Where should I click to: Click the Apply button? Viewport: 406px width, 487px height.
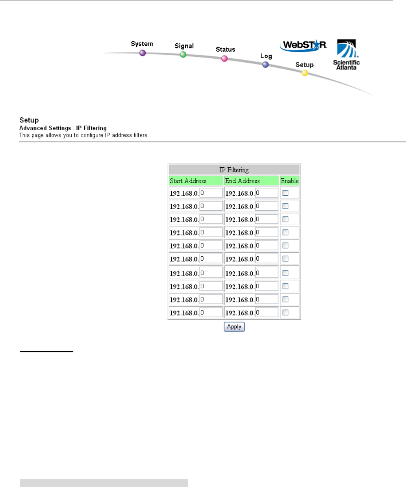[x=234, y=327]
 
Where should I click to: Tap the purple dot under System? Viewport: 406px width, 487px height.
[x=143, y=53]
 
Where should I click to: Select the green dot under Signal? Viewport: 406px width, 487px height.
[x=183, y=55]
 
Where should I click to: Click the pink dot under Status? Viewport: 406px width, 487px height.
[x=224, y=59]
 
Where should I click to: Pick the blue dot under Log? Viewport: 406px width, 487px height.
[x=265, y=65]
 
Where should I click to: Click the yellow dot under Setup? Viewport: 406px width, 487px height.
[x=305, y=73]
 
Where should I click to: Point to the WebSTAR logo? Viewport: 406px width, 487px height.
[x=303, y=45]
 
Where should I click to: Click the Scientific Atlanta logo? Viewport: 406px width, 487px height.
[x=346, y=55]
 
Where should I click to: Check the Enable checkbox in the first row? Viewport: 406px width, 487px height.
[x=285, y=193]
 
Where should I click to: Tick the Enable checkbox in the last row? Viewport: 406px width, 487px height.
[x=285, y=313]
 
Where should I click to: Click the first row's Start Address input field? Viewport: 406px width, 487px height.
[x=211, y=193]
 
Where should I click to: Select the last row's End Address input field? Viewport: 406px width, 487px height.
[x=266, y=313]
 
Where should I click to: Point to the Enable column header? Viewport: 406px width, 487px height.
[x=289, y=181]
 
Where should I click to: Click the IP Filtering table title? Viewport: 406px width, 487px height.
[x=234, y=170]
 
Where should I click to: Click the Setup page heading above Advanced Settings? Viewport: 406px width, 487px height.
[x=29, y=120]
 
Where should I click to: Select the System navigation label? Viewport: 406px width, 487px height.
[x=142, y=44]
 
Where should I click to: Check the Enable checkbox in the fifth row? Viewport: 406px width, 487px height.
[x=285, y=245]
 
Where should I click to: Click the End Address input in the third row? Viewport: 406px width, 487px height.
[x=266, y=219]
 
